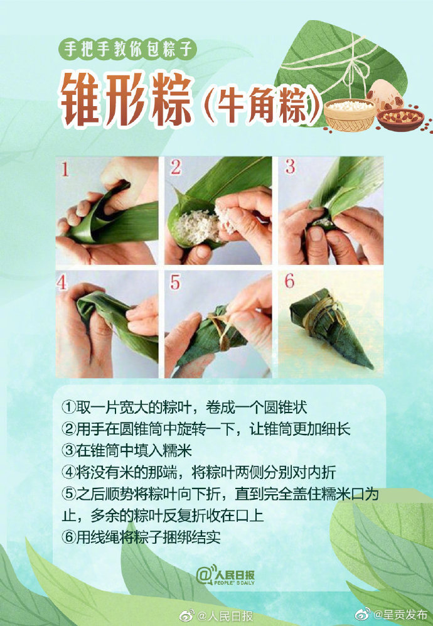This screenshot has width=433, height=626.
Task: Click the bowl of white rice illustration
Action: pyautogui.click(x=350, y=114)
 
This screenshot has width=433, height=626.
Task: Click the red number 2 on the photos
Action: pyautogui.click(x=176, y=168)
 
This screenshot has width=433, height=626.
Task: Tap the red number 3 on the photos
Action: pyautogui.click(x=289, y=167)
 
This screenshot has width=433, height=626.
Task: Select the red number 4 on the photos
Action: pyautogui.click(x=62, y=282)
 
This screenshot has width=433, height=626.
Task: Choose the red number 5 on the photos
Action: pyautogui.click(x=175, y=283)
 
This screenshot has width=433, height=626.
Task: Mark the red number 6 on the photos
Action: pyautogui.click(x=289, y=281)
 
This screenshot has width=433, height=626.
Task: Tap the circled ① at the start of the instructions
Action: pyautogui.click(x=68, y=407)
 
